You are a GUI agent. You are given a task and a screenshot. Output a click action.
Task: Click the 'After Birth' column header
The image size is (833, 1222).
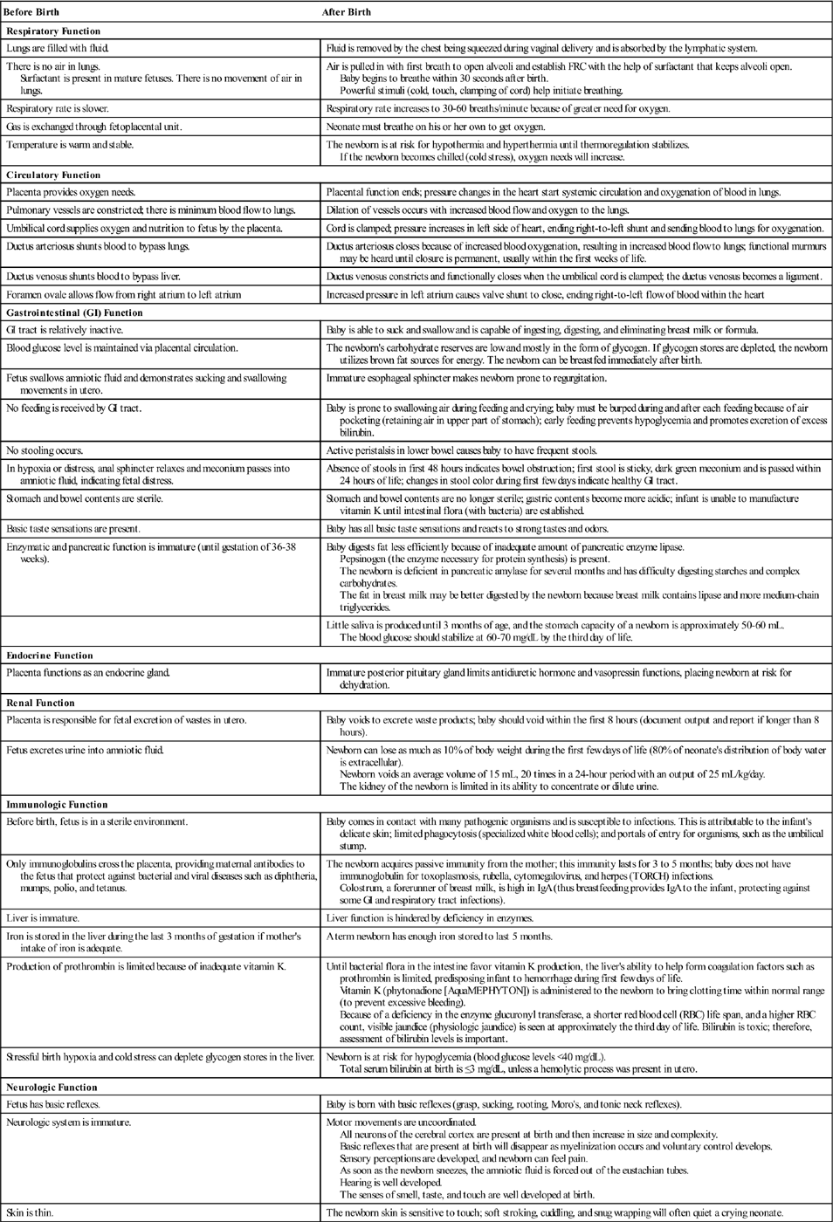[348, 12]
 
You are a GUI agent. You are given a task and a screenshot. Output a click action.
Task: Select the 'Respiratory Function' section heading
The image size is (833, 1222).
[53, 31]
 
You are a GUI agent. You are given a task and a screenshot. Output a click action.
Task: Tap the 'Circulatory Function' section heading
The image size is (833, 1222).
[53, 175]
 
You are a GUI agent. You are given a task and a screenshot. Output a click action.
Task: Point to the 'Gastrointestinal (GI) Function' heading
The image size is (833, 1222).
[74, 312]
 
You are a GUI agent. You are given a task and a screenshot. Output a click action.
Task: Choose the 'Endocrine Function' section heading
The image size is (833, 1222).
[50, 656]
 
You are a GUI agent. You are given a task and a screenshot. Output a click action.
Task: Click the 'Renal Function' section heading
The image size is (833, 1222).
[41, 703]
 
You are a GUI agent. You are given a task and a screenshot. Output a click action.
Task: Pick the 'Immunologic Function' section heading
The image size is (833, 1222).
[58, 805]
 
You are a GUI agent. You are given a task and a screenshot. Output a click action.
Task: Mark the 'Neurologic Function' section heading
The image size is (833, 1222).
[52, 1088]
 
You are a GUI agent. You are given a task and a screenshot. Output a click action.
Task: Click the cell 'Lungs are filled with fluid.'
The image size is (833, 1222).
[58, 49]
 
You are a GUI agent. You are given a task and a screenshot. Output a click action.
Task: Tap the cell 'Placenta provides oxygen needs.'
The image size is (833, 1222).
[71, 192]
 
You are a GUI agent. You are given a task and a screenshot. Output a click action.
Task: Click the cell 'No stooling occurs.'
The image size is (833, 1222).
[45, 451]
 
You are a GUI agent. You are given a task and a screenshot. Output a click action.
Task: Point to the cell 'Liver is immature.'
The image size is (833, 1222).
[43, 918]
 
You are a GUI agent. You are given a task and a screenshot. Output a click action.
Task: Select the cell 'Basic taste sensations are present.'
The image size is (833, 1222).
[73, 529]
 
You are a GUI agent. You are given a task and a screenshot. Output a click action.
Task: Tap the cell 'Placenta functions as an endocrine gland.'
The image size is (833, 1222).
[88, 673]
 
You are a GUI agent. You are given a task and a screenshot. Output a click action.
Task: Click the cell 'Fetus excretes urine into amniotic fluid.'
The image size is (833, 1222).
[85, 750]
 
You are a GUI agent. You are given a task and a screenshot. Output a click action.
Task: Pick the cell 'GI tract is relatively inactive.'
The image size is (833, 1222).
[65, 330]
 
